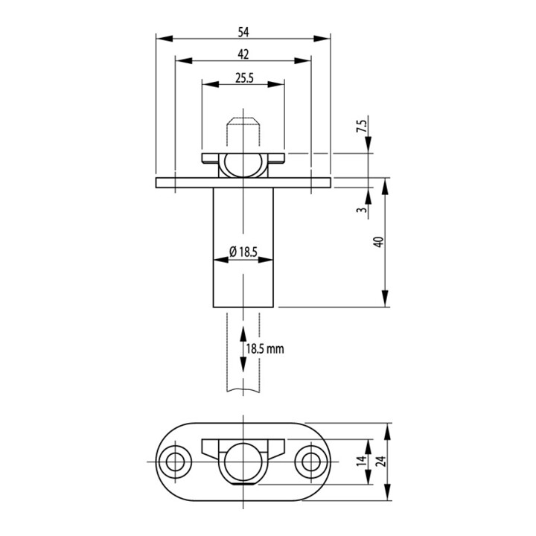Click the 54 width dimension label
tap(243, 32)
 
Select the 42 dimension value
tap(243, 54)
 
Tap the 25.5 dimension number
tap(244, 78)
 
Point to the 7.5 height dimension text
tap(363, 126)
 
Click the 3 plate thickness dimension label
tap(363, 209)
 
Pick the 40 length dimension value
tap(380, 242)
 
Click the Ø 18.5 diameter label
tap(243, 252)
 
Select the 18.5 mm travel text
tap(265, 348)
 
